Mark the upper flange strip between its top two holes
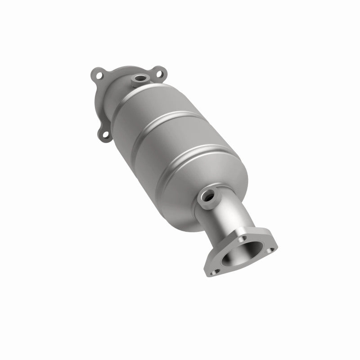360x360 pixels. pyautogui.click(x=128, y=70)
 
